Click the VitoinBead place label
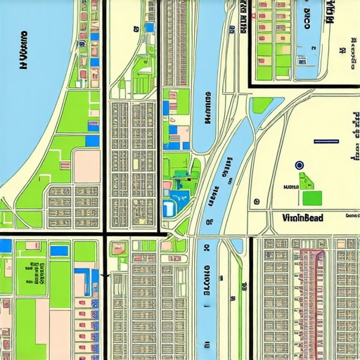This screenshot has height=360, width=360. (302, 218)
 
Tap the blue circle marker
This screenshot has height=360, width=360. (300, 165)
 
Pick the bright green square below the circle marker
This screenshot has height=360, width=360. (311, 198)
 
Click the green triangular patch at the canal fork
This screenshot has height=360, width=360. (262, 105)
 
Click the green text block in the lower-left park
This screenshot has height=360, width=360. (31, 271)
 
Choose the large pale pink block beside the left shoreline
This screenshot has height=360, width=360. (87, 165)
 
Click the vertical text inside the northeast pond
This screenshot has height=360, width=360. (307, 21)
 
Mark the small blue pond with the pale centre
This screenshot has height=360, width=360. (169, 209)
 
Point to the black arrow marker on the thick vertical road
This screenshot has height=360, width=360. (104, 276)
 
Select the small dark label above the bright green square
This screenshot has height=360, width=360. (289, 188)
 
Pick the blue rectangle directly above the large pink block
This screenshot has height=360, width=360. (91, 142)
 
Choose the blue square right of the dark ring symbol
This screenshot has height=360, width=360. (148, 27)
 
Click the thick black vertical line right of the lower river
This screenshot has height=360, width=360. (251, 295)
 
